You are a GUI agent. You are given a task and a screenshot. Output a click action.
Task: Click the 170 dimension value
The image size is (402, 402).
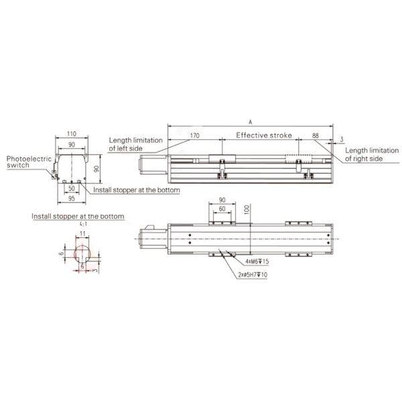(x=194, y=135)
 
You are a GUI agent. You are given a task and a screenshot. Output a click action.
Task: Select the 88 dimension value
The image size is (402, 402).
(x=316, y=135)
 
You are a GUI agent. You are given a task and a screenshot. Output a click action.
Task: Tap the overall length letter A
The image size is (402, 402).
(x=251, y=123)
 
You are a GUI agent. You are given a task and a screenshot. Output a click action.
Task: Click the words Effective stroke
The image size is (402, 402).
(x=264, y=135)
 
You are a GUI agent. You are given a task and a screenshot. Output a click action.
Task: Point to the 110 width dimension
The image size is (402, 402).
(x=72, y=134)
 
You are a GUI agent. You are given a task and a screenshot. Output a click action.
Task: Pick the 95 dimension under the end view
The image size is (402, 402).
(x=72, y=198)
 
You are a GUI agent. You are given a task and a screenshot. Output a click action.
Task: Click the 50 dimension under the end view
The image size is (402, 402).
(x=72, y=188)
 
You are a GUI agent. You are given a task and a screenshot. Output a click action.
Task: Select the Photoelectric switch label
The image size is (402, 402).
(x=29, y=162)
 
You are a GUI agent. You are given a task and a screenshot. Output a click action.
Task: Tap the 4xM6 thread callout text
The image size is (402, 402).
(x=257, y=261)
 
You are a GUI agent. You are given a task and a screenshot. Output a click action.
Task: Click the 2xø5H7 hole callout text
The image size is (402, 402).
(x=253, y=275)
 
